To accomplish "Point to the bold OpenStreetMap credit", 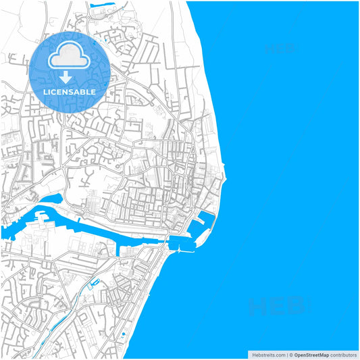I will (x=311, y=355).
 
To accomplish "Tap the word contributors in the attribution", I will (x=343, y=355).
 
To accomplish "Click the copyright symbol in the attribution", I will (x=291, y=355).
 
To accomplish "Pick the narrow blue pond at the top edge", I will (x=101, y=7).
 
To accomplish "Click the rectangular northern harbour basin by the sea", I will (x=205, y=220).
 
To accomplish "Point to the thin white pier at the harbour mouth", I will (x=182, y=251).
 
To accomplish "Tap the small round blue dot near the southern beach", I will (x=124, y=333).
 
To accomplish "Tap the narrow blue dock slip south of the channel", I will (x=122, y=250).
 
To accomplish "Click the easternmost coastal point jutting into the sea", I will (x=226, y=180).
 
